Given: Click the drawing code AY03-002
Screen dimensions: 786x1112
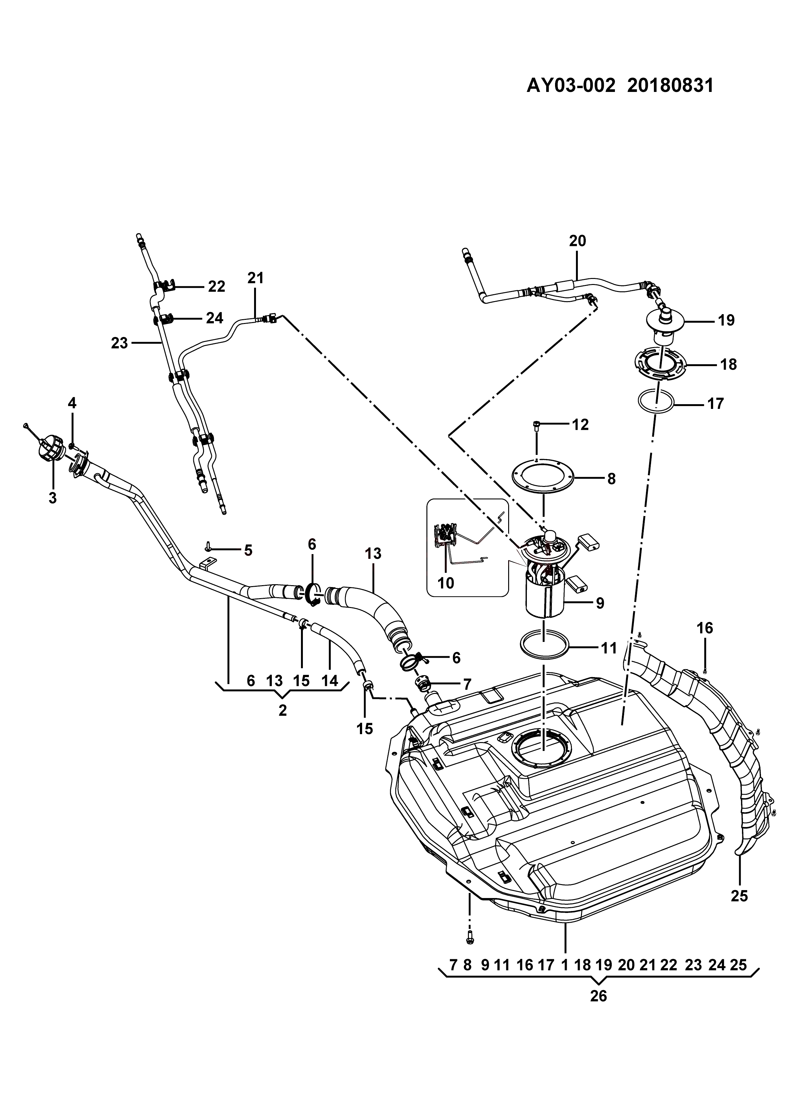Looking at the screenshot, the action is pyautogui.click(x=571, y=86).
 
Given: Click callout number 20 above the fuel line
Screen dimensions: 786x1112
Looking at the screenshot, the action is pyautogui.click(x=578, y=241).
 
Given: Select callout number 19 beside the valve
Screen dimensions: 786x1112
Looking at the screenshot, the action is pyautogui.click(x=726, y=320).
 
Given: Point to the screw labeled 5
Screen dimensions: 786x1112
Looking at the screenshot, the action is pyautogui.click(x=208, y=547).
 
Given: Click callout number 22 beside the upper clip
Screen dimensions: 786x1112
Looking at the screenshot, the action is pyautogui.click(x=216, y=287).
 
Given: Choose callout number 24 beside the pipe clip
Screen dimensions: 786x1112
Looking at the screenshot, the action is pyautogui.click(x=214, y=318).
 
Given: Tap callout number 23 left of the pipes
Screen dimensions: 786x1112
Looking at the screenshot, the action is pyautogui.click(x=119, y=343).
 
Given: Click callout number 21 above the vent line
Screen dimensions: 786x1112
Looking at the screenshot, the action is pyautogui.click(x=256, y=278).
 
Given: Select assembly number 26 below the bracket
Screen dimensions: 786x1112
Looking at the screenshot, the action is pyautogui.click(x=599, y=996).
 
